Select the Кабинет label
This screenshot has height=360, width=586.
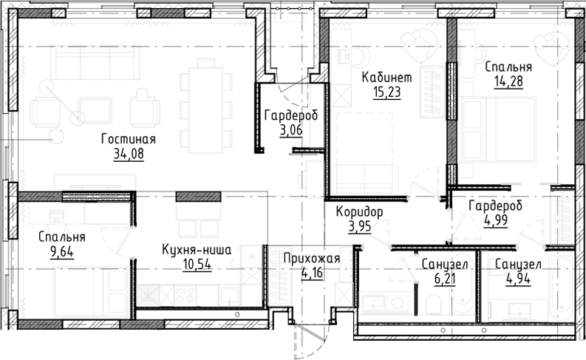tap(386, 78)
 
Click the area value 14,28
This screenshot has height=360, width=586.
tap(508, 81)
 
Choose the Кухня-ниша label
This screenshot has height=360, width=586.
tap(197, 251)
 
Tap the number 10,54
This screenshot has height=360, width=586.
tap(197, 265)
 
